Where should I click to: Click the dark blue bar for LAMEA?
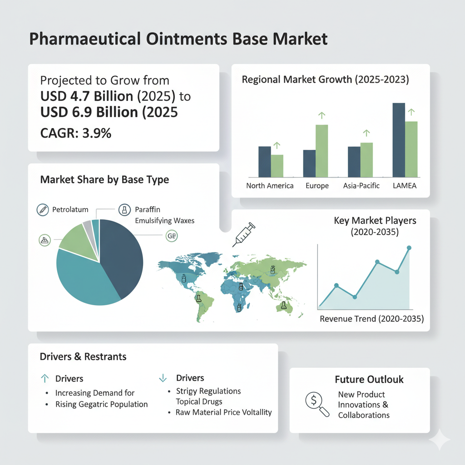(399, 140)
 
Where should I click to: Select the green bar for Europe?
(322, 151)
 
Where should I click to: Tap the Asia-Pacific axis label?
(361, 186)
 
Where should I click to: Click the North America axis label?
(270, 186)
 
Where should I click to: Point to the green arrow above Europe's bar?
(322, 115)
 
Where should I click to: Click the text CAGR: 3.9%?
(76, 133)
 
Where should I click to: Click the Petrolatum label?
(70, 210)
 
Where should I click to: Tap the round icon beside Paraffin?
(124, 210)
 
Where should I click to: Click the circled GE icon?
(172, 236)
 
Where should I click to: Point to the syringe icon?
(244, 235)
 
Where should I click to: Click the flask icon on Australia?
(284, 305)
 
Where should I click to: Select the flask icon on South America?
(198, 298)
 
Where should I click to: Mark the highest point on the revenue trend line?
(409, 247)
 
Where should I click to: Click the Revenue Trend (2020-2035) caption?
(372, 319)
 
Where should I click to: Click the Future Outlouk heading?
(369, 379)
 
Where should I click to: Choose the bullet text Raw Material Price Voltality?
(223, 412)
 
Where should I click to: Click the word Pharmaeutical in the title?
(85, 39)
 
